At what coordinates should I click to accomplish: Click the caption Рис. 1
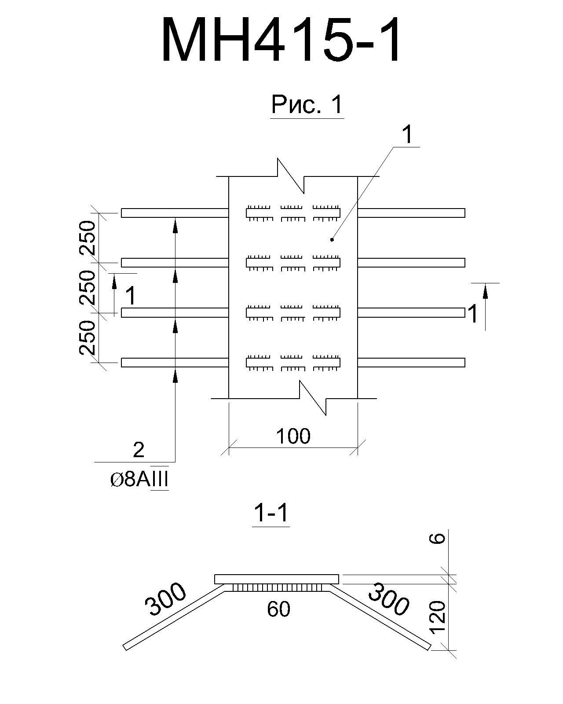click(307, 105)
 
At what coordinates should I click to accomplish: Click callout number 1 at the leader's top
click(407, 135)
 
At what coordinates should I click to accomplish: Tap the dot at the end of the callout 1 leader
click(332, 240)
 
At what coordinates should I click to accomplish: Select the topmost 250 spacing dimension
click(88, 238)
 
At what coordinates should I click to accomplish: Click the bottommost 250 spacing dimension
click(88, 337)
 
